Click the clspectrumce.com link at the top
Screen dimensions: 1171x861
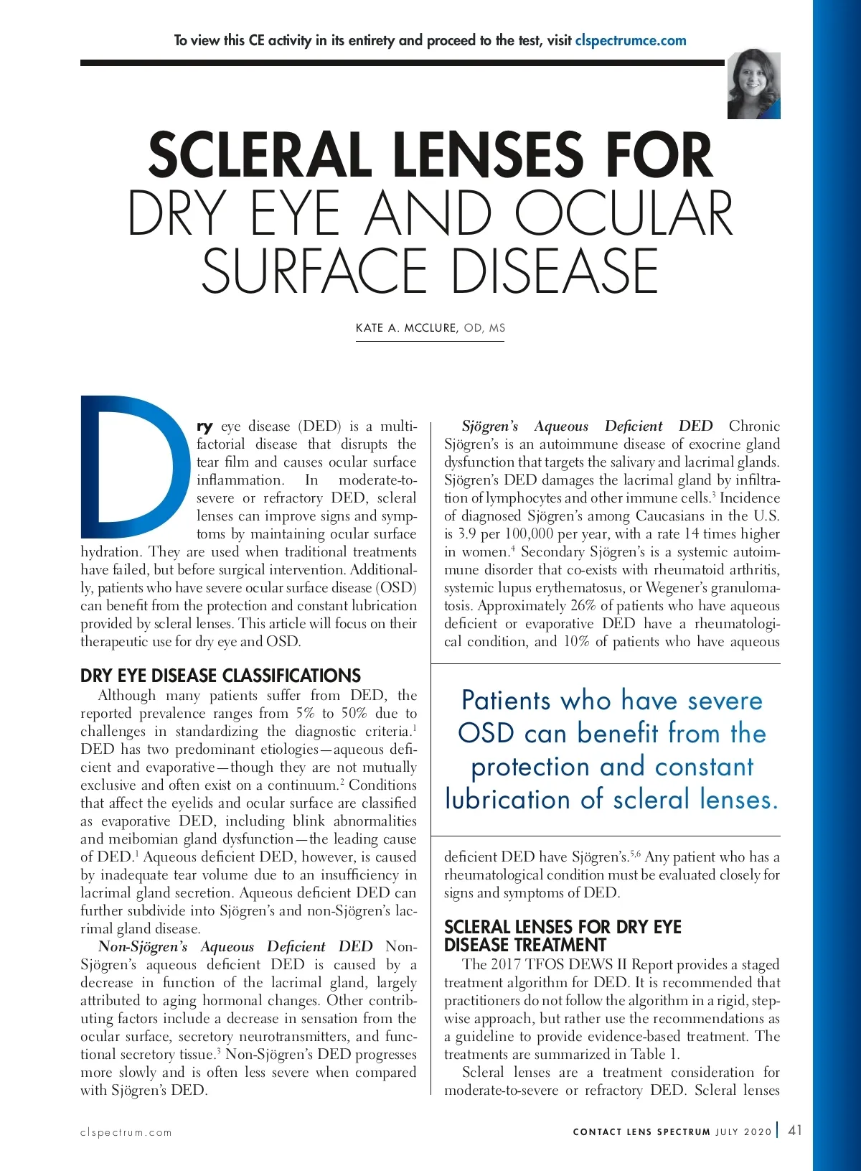point(631,41)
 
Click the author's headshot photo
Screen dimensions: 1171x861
point(753,84)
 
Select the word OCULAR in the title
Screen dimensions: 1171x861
point(624,213)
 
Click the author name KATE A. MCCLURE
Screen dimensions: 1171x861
point(406,328)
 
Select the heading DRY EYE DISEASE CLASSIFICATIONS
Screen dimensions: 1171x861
point(220,676)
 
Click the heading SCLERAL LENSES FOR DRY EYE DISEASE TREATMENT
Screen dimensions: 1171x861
point(563,936)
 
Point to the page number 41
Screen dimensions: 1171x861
point(795,1130)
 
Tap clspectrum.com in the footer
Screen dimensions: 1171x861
point(126,1132)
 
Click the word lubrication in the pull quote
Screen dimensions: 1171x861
point(508,800)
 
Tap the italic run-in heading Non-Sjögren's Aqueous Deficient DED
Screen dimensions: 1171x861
point(235,947)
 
